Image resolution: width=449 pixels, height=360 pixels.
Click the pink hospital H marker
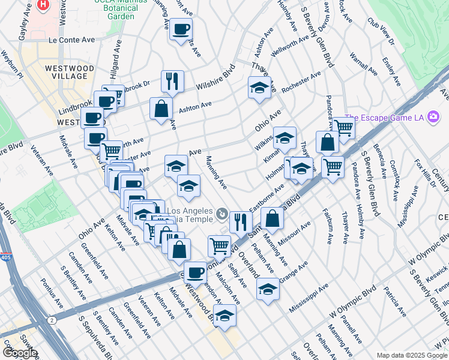pos(43,5)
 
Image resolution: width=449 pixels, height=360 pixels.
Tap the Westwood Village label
pos(69,73)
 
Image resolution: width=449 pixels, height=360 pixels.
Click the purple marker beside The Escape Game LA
pos(433,118)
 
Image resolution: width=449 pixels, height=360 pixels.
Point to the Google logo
pos(19,353)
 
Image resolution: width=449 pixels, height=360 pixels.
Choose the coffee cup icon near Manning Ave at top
pos(181,29)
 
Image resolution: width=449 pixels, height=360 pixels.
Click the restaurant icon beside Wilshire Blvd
pos(172,80)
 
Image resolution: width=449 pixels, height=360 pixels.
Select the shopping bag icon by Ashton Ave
pos(161,108)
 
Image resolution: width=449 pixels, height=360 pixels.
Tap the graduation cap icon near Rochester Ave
pos(259,88)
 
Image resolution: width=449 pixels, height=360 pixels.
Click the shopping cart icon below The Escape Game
pos(344,127)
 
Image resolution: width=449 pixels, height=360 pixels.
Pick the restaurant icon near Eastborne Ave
pos(240,221)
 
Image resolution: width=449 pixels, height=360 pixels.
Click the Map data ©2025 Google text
pos(412,355)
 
